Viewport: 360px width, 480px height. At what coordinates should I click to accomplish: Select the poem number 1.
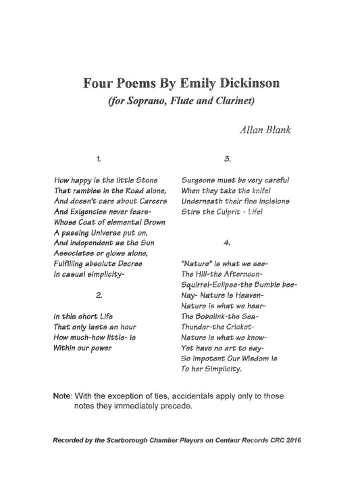click(x=99, y=159)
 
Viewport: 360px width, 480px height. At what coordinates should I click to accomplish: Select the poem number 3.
click(x=228, y=159)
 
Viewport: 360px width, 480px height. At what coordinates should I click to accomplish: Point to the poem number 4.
click(x=228, y=241)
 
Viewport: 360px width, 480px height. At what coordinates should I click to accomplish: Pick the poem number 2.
click(x=99, y=295)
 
